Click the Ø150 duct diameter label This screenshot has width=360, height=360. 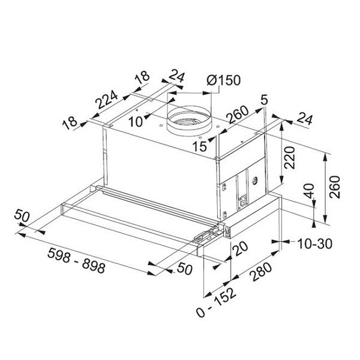pos(223,80)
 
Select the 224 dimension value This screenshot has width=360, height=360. pos(107,99)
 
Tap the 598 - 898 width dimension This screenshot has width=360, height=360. pos(76,260)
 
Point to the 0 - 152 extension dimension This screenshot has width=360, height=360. pos(216,302)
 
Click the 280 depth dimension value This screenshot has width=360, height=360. pos(262,272)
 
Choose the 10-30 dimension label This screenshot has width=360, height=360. pos(314,244)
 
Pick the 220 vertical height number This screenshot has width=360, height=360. pos(289,157)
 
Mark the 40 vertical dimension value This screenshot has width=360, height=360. pos(310,191)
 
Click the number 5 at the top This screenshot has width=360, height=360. pos(265,100)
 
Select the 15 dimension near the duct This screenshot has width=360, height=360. pos(200,146)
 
